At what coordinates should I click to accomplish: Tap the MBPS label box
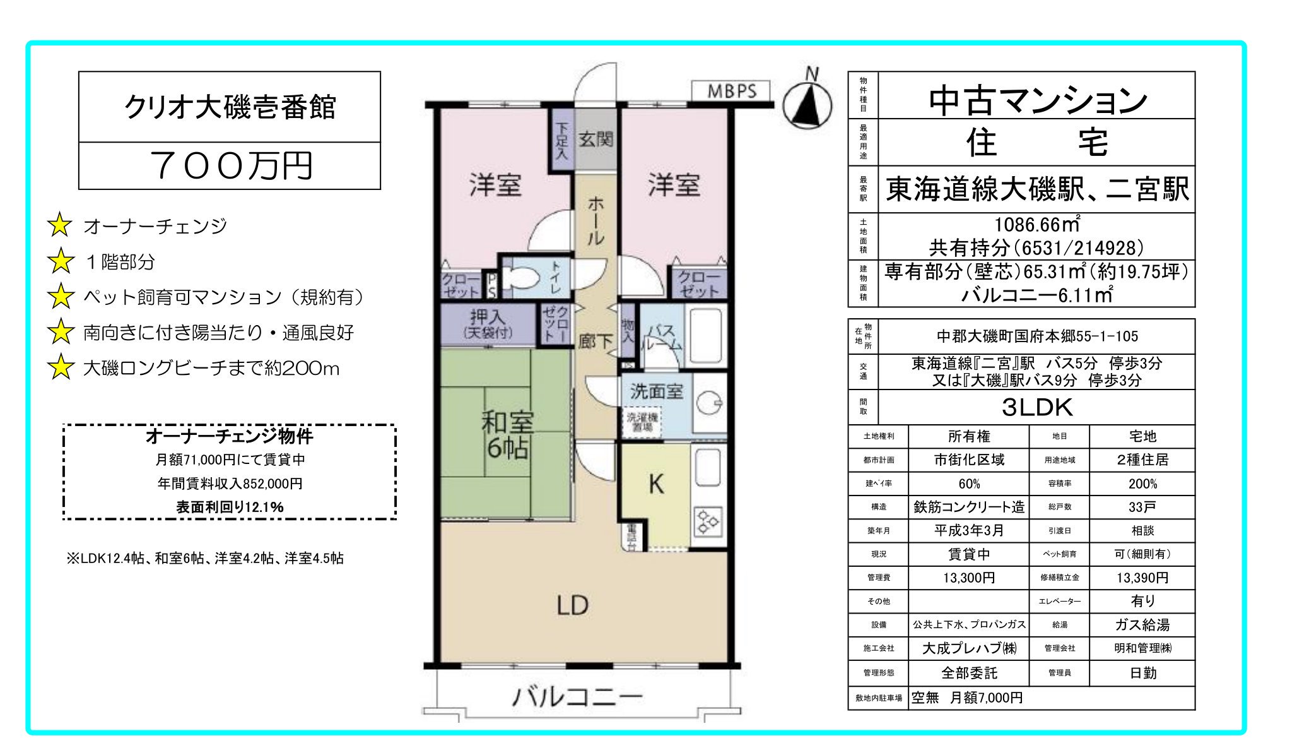(x=731, y=91)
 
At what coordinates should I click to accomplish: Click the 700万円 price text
(x=231, y=165)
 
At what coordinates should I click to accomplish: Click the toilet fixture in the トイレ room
(x=523, y=276)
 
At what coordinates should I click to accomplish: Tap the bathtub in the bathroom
(x=705, y=336)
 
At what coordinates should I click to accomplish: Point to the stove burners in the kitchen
(x=707, y=521)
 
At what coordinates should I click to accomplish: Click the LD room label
(x=572, y=605)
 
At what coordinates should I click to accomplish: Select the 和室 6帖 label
(x=507, y=434)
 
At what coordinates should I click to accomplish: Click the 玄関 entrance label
(x=596, y=139)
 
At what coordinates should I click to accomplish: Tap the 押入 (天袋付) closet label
(x=488, y=324)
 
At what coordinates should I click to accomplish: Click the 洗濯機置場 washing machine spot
(x=642, y=422)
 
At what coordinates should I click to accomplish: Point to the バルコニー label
(x=577, y=697)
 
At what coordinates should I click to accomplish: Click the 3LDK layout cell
(x=1036, y=407)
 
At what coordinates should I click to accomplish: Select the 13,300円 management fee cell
(x=968, y=578)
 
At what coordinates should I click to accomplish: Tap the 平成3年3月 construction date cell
(x=968, y=530)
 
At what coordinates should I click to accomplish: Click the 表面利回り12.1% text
(x=230, y=507)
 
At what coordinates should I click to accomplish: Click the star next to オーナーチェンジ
(x=60, y=225)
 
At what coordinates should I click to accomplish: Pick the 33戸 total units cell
(x=1142, y=507)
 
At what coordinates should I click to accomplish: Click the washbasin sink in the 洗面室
(x=710, y=403)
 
